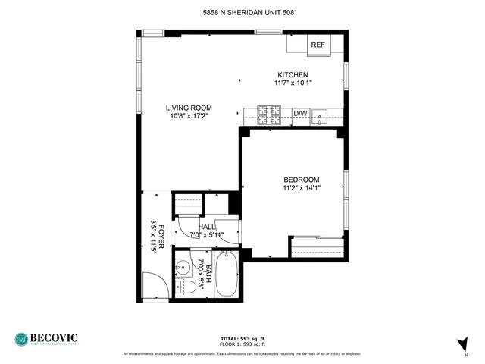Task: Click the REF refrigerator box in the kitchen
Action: [318, 45]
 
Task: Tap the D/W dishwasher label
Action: [301, 114]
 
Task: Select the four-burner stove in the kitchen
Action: [267, 115]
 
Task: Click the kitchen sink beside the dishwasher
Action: [323, 116]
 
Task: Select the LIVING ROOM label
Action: [189, 108]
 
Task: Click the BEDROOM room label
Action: [301, 179]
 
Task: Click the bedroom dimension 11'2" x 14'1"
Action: [301, 188]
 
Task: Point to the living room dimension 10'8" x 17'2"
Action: [189, 116]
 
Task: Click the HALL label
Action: [206, 226]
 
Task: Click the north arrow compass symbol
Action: [463, 344]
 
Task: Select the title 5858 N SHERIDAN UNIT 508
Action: [242, 13]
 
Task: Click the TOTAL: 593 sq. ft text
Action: [242, 338]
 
